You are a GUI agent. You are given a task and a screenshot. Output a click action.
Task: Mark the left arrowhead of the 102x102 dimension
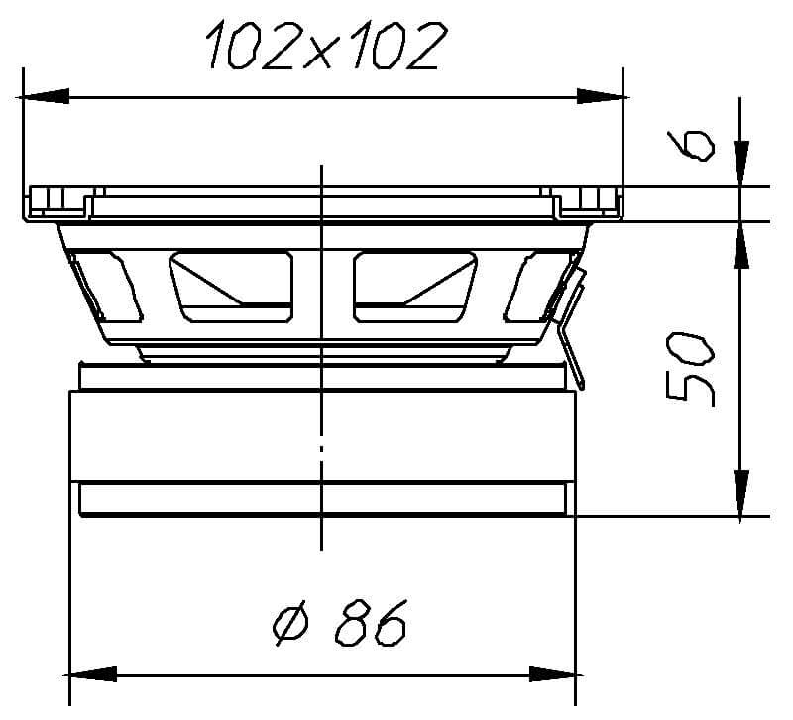(44, 97)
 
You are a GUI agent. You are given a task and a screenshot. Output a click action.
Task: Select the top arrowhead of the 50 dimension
(738, 244)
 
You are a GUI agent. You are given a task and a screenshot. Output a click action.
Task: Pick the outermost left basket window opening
(103, 287)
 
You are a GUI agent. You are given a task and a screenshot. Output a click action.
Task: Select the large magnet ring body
(321, 435)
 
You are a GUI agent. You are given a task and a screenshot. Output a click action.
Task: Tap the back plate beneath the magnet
(321, 500)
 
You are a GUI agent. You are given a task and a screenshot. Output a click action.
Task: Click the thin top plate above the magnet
(321, 376)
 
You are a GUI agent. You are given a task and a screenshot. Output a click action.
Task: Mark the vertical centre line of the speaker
(321, 446)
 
